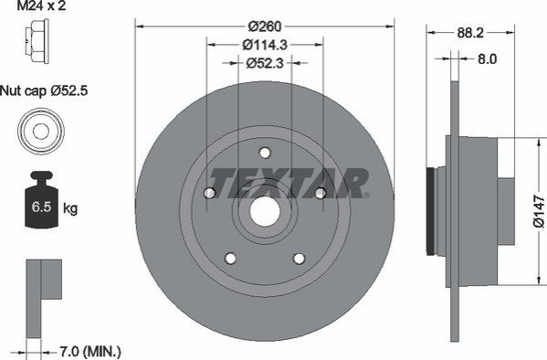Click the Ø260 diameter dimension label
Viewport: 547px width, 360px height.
[265, 26]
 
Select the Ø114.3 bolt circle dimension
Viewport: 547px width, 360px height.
[265, 45]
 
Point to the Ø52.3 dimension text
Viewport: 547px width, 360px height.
[265, 63]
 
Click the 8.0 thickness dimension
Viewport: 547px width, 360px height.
[487, 59]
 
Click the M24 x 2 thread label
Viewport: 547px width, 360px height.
[41, 5]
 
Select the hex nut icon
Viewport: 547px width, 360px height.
[37, 41]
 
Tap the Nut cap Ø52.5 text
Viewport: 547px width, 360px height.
[44, 91]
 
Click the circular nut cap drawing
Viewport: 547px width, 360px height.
[41, 132]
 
